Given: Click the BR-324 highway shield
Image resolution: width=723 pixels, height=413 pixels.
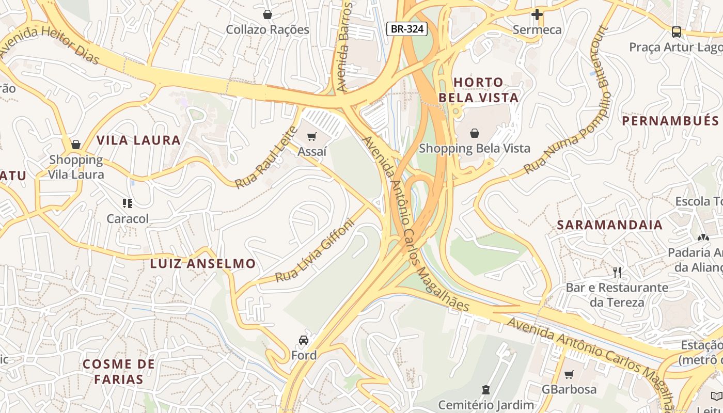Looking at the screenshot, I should point(407,29).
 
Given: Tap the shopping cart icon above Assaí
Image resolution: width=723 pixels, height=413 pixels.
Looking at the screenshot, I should point(311,137).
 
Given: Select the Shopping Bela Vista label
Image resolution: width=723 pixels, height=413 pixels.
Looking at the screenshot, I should point(474,149).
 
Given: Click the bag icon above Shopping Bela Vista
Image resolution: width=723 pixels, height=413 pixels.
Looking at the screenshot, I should point(474,133).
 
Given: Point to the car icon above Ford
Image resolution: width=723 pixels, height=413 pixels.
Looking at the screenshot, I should point(304,340).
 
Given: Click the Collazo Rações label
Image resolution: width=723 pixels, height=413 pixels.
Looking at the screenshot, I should point(268,29).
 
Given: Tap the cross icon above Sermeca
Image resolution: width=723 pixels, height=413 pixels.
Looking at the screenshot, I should point(537,14).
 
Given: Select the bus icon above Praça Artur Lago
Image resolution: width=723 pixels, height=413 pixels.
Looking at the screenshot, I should point(676,32).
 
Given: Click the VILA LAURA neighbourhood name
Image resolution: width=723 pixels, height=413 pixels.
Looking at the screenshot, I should point(138,140).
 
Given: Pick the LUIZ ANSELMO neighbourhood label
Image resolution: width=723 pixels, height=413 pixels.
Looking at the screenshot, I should point(202,264).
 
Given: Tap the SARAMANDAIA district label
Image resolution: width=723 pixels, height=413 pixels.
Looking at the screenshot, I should point(609,225).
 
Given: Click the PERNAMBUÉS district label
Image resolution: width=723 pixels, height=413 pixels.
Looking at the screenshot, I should point(670,121).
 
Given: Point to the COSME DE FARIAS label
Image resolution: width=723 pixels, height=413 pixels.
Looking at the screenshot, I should point(119,372).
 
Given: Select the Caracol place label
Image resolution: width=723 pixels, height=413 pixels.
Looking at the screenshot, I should point(128,219).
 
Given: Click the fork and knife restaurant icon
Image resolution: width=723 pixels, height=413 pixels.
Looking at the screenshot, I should point(617,272).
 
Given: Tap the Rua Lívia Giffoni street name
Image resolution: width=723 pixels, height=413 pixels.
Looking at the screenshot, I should point(315,251).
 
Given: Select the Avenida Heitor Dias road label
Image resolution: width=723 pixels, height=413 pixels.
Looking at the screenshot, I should point(49,45).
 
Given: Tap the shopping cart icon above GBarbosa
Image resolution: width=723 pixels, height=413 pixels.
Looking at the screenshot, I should point(569,374).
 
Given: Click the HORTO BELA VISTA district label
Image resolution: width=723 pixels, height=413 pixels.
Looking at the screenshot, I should point(478,90).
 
